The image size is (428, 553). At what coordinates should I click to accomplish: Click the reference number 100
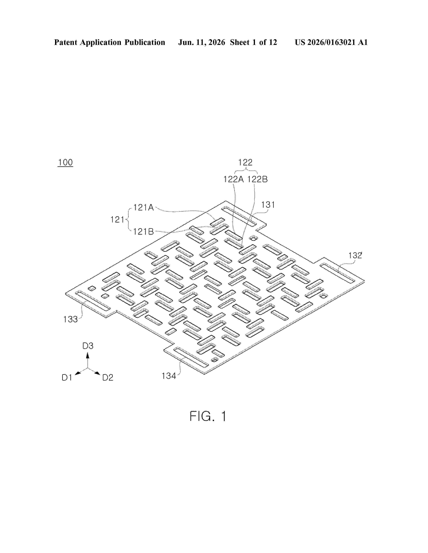65,162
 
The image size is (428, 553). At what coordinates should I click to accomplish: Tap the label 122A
233,179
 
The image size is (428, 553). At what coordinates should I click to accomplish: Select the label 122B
257,179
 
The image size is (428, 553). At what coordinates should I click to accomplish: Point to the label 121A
144,208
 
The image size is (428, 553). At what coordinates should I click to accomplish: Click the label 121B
144,231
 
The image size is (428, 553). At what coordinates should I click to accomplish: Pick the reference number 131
268,205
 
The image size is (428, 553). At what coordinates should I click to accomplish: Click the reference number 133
70,319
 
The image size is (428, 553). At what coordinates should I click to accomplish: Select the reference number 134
169,376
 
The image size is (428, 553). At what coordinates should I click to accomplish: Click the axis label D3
88,346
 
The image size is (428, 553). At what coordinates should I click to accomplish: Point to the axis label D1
67,378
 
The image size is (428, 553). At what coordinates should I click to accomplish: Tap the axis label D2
108,378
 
